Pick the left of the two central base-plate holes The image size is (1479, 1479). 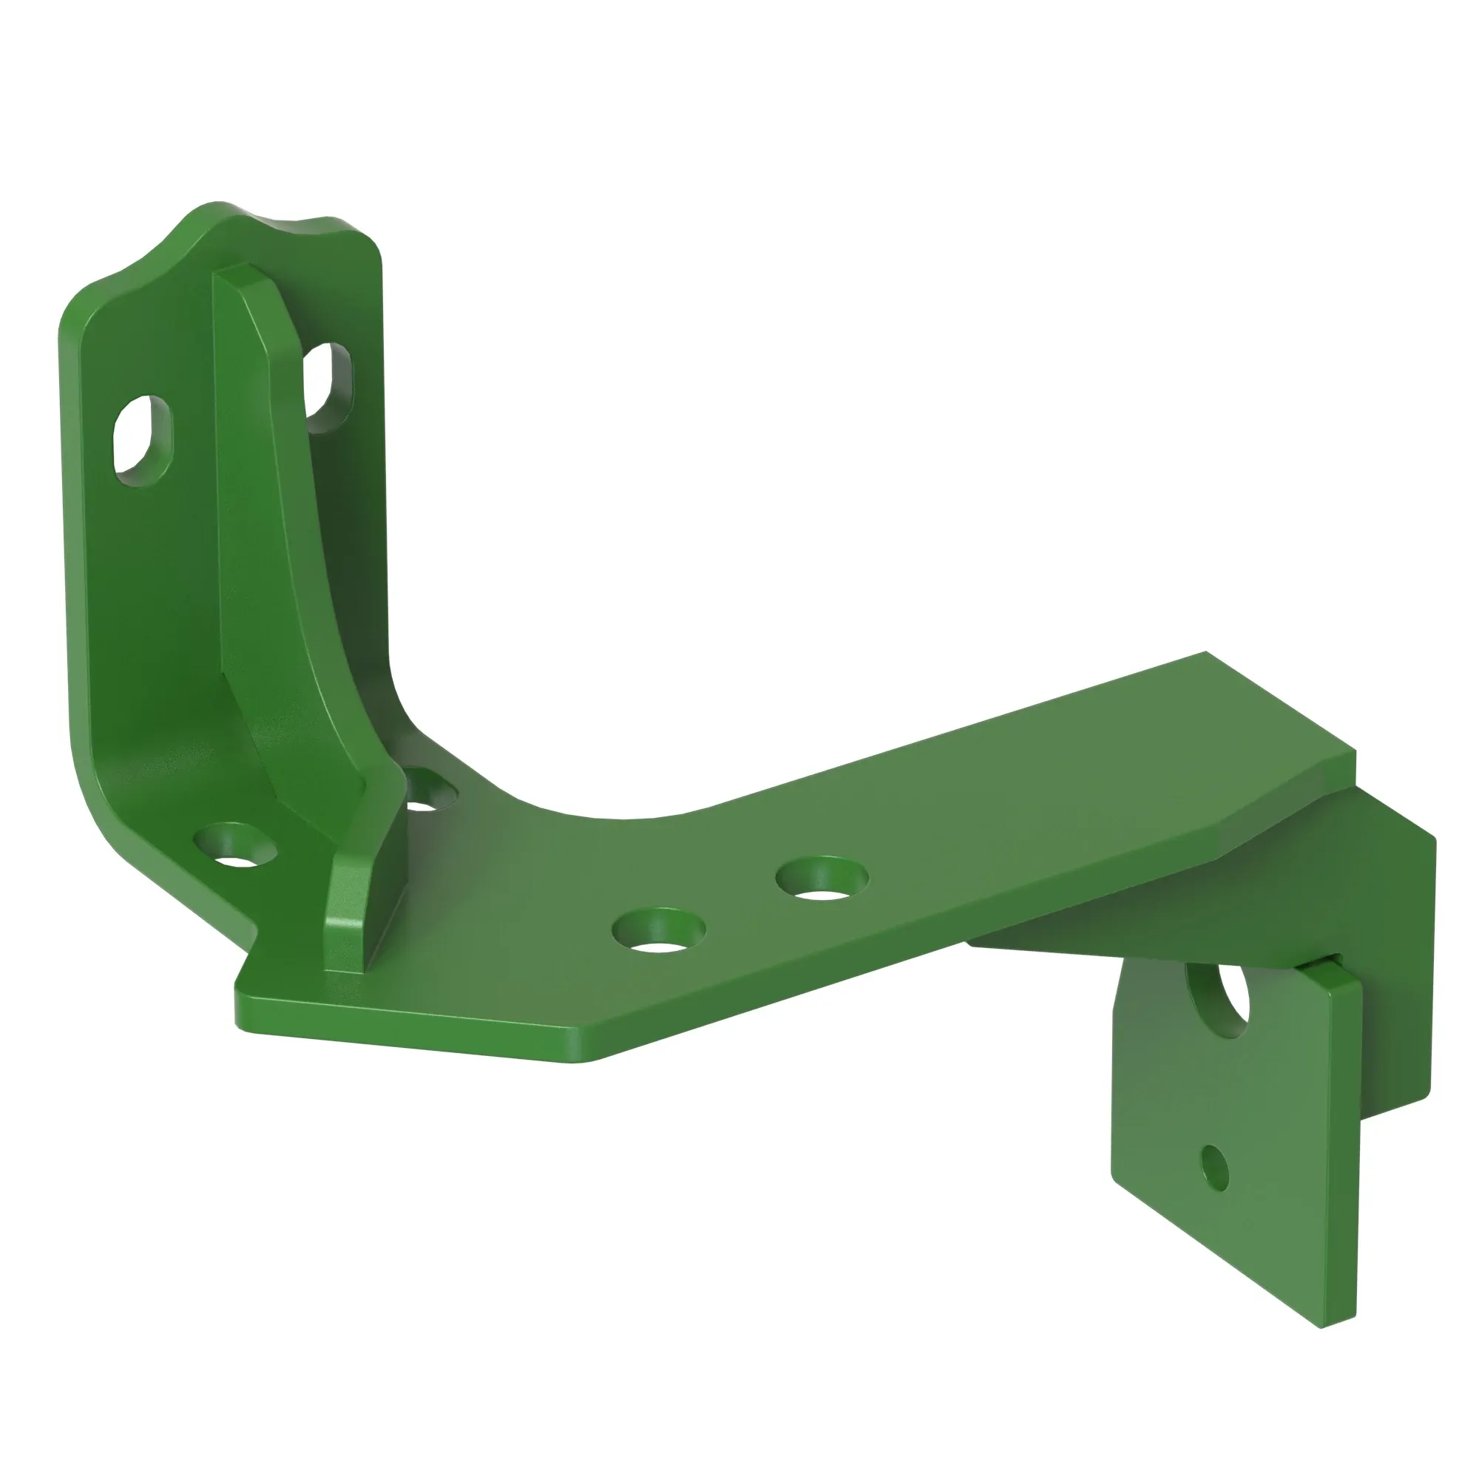click(659, 931)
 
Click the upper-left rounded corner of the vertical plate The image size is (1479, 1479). click(77, 310)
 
